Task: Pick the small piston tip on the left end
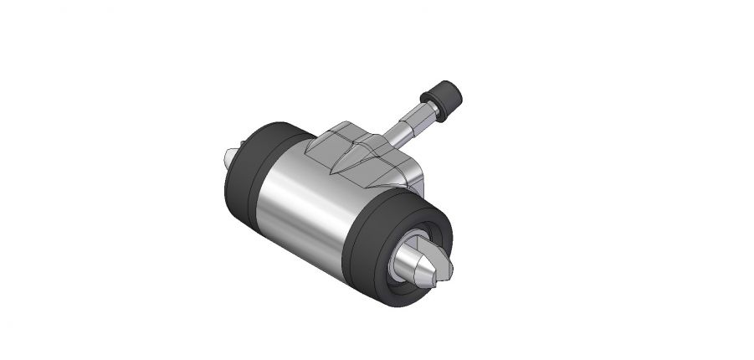point(232,156)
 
